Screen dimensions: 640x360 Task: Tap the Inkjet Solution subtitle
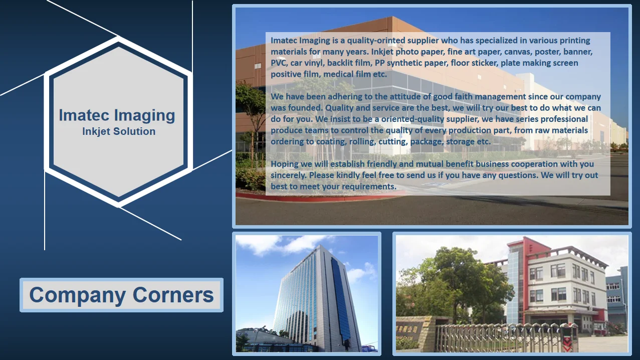point(119,131)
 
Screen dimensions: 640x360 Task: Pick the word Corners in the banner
point(173,295)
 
